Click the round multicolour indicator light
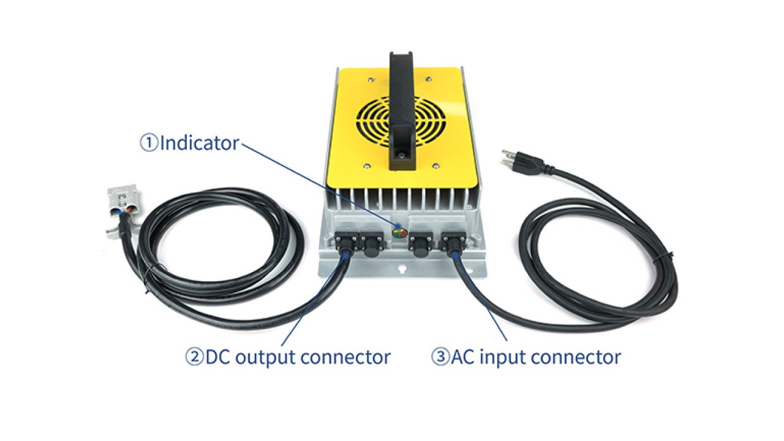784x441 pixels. pos(399,233)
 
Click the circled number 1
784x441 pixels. pos(149,143)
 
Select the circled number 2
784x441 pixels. pos(194,356)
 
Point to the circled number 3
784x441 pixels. pos(440,356)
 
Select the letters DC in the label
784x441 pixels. pos(217,356)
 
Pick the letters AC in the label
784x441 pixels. pos(463,356)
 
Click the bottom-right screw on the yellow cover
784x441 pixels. pos(436,164)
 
